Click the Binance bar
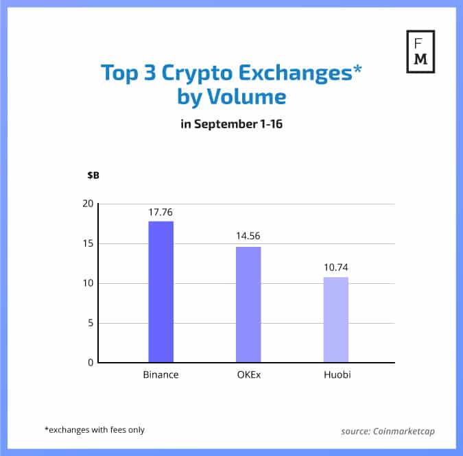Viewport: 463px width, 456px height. click(x=161, y=292)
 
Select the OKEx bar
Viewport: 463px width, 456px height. click(x=248, y=304)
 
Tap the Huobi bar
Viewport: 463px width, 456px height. click(x=335, y=320)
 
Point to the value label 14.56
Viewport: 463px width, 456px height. click(x=248, y=237)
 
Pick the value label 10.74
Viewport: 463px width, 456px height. click(x=335, y=267)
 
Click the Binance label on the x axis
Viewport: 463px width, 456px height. click(x=161, y=375)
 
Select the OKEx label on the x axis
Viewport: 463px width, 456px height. click(x=248, y=375)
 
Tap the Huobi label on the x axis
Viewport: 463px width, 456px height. click(x=335, y=375)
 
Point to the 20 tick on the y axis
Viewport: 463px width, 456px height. click(x=87, y=204)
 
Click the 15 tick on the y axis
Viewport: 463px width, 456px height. click(x=87, y=243)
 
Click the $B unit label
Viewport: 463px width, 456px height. click(x=93, y=176)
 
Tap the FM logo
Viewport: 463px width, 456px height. click(x=420, y=51)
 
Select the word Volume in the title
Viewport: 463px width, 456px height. click(x=250, y=97)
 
